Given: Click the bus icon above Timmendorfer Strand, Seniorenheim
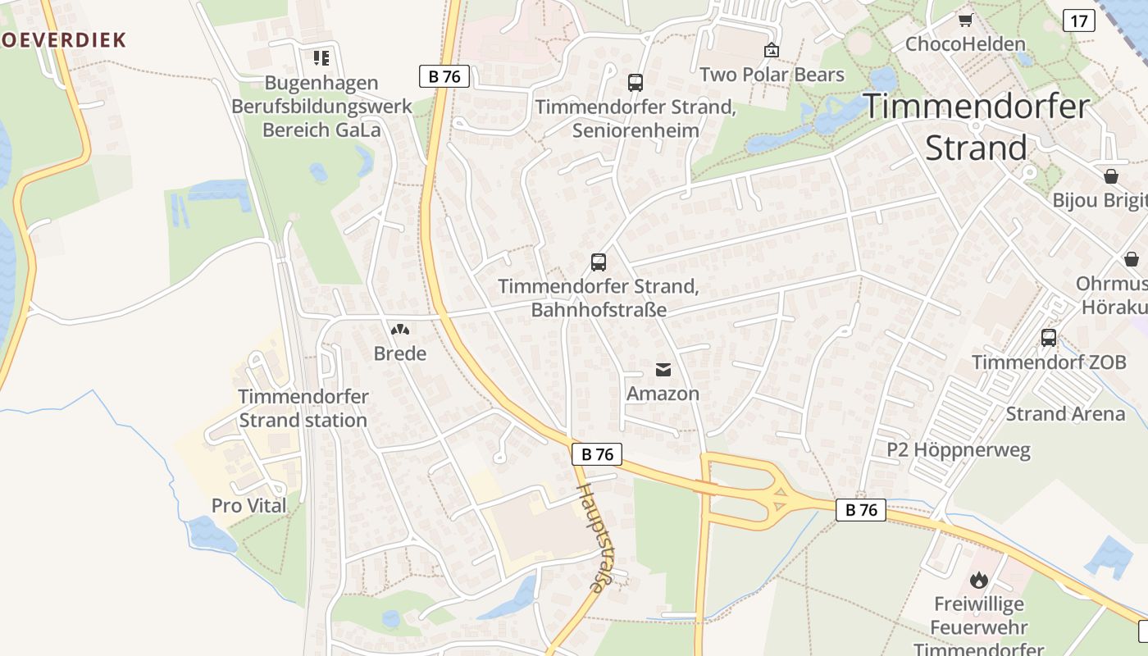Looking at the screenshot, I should (x=635, y=82).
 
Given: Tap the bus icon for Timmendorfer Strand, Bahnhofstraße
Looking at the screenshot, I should (x=599, y=262).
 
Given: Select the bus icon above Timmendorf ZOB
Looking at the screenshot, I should (x=1048, y=337).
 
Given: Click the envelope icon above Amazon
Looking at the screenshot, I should (x=663, y=370).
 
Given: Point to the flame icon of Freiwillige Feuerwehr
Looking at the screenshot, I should (x=978, y=581).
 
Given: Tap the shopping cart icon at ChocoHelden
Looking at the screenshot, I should (x=965, y=20).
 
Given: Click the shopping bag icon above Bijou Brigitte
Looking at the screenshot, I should (x=1111, y=175).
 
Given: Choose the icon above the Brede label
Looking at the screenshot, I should (x=400, y=330).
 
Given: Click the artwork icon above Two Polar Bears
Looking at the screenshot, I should (x=771, y=51).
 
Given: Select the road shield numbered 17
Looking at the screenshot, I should (x=1078, y=20).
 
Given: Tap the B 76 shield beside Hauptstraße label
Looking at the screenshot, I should (x=597, y=454).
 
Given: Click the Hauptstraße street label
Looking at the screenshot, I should (x=596, y=536).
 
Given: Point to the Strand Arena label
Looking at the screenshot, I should (x=1065, y=413).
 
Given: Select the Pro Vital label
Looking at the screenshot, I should (x=249, y=506).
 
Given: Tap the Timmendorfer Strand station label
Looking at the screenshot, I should (x=303, y=408).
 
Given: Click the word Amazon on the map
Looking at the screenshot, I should (x=663, y=394).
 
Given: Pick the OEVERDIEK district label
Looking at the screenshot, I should (x=62, y=39).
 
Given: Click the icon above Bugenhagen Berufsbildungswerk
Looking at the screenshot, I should (x=321, y=57).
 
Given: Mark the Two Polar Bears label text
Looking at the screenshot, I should (x=772, y=75).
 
